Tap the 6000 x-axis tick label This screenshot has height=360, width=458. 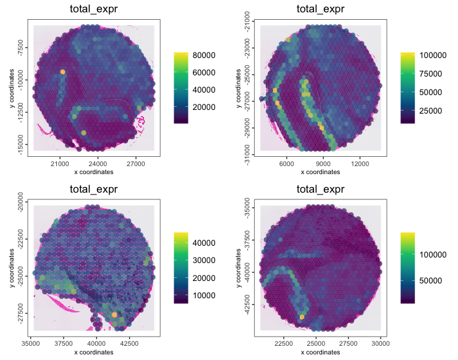tap(286, 164)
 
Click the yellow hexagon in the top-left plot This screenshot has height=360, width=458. tap(63, 72)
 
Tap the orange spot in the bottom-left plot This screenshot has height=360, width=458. tap(115, 315)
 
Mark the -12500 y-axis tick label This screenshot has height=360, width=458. tap(20, 112)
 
